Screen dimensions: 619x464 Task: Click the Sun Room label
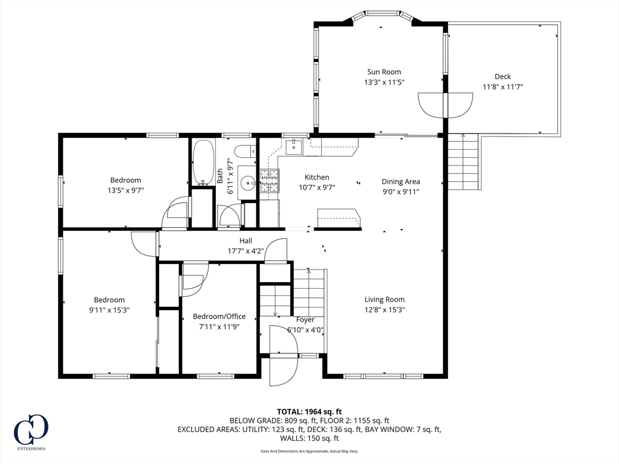tap(384, 72)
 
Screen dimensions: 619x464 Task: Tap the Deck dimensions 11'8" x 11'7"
tap(502, 87)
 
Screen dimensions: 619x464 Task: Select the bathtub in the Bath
tap(204, 163)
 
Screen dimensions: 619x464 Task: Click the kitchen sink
tap(294, 147)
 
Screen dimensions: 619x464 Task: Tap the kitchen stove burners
tap(269, 181)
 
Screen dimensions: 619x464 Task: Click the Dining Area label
tap(401, 181)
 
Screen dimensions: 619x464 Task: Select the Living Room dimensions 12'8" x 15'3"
tap(384, 310)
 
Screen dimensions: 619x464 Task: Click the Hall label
tap(245, 240)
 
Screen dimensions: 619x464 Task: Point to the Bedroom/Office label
tap(219, 317)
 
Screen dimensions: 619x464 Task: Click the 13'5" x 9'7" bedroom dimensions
tap(126, 190)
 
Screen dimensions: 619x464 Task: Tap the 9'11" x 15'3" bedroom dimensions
tap(109, 310)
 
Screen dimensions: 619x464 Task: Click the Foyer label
tap(305, 320)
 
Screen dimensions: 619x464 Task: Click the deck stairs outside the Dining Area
tap(462, 162)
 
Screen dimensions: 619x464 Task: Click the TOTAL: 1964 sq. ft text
tap(309, 412)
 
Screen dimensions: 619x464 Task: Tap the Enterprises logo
tap(31, 431)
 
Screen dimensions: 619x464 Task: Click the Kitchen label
tap(317, 178)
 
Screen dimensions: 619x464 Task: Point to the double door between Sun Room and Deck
tap(446, 105)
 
